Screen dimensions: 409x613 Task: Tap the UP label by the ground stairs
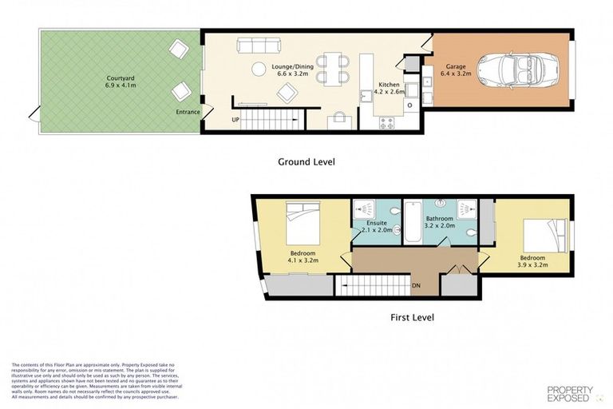235,120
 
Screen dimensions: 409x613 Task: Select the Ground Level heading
306,161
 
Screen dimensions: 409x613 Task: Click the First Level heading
412,317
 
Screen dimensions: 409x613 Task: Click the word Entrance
188,112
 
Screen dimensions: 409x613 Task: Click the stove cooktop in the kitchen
387,123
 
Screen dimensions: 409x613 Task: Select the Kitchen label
389,84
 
